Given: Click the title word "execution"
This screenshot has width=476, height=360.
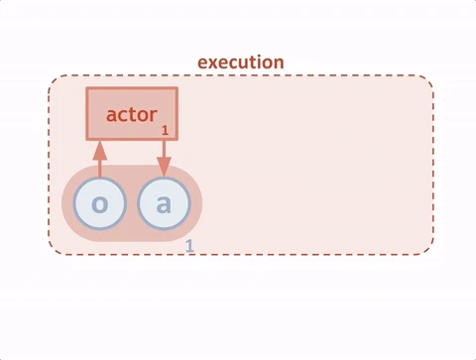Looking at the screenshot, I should click(x=240, y=61).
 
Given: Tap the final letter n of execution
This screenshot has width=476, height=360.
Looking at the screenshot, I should click(x=279, y=61).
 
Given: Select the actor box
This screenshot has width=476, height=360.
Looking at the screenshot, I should click(x=131, y=113).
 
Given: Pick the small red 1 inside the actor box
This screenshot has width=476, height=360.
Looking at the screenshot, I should click(x=165, y=130).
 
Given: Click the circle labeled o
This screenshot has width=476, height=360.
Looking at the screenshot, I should click(x=99, y=205).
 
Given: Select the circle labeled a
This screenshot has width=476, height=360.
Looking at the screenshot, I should click(x=164, y=205).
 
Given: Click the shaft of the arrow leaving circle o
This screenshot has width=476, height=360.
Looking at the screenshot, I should click(x=99, y=166).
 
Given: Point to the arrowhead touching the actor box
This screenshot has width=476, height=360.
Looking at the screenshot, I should click(x=99, y=147).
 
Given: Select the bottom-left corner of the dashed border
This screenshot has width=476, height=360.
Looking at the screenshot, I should click(x=53, y=251).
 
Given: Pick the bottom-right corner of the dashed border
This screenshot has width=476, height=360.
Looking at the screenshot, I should click(x=429, y=251).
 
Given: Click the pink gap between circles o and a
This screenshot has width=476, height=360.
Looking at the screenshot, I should click(x=132, y=206).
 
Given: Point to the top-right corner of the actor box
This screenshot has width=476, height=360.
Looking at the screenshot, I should click(x=177, y=89).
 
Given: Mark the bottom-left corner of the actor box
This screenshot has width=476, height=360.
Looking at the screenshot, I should click(x=86, y=138).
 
